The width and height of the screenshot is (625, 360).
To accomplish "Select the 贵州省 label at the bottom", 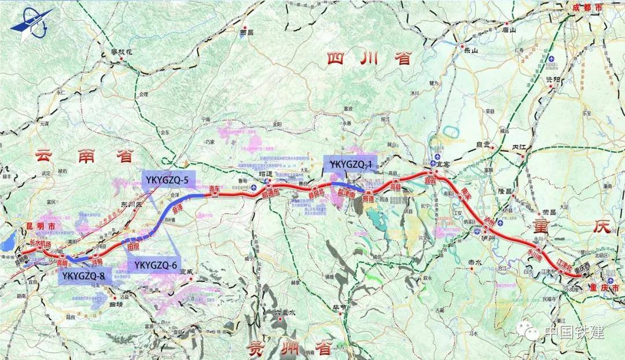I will [289, 348].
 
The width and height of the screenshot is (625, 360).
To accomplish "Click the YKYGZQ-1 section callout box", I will [350, 164].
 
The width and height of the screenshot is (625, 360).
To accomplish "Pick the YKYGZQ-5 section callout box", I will [168, 180].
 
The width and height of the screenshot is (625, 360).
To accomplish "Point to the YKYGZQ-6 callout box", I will [155, 265].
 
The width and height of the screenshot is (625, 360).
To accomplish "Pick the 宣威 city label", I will [186, 271].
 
